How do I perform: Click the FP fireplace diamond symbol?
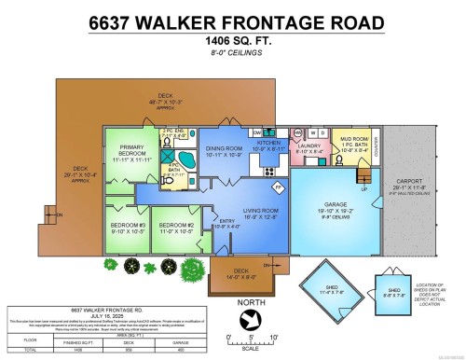point(278,187)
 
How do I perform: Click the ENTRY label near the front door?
point(200,222)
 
